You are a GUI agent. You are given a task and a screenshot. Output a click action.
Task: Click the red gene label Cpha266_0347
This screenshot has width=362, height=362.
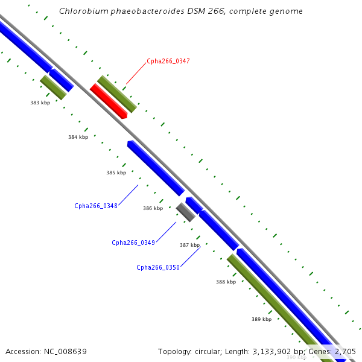[168, 62]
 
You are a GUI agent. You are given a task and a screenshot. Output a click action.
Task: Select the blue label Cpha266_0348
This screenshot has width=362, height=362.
[96, 206]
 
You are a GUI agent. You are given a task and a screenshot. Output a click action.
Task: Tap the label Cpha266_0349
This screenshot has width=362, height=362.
[133, 243]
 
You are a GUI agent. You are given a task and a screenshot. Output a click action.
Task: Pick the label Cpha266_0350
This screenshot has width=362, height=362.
[158, 267]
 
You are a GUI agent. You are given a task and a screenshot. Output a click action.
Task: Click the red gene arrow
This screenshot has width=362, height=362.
[109, 101]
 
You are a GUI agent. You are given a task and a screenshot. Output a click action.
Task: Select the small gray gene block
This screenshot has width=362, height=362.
[185, 212]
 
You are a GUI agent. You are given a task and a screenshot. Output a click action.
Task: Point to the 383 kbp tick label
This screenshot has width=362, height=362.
[40, 103]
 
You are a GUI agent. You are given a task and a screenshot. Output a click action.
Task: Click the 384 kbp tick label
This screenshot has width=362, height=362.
[78, 137]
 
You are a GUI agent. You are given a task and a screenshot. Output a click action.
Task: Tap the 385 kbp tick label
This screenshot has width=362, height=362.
[116, 173]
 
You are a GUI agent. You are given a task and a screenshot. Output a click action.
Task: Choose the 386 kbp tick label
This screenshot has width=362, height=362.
[153, 208]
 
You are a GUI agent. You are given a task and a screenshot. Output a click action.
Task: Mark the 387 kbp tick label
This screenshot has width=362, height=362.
[189, 245]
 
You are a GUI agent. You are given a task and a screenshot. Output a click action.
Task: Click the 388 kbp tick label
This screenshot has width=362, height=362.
[226, 282]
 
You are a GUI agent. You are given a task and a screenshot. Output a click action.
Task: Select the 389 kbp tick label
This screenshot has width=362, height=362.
[261, 319]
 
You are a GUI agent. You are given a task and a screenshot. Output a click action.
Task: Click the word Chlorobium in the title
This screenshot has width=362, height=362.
[81, 11]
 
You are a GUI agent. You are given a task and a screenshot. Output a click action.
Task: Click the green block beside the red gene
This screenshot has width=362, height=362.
[117, 94]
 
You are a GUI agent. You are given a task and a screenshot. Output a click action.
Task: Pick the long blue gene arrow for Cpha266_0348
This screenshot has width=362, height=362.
[156, 168]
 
